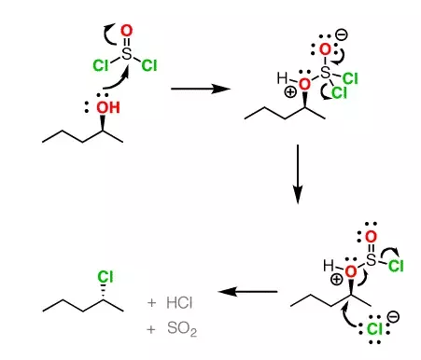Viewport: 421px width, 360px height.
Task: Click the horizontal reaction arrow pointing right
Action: point(202,90)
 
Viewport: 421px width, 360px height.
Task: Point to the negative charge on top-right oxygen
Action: point(342,35)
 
